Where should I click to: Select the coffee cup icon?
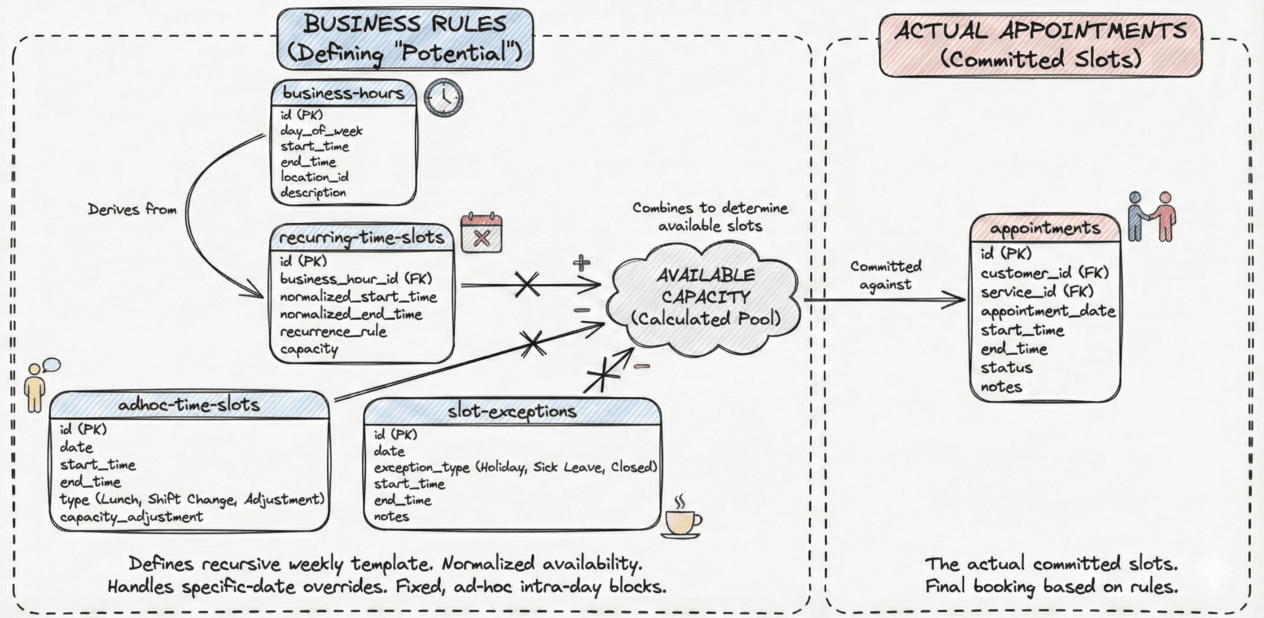pos(681,521)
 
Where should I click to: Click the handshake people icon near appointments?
pos(1152,216)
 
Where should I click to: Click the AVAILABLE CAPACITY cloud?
pos(705,297)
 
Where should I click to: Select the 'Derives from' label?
pos(132,210)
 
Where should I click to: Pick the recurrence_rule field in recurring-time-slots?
pos(333,332)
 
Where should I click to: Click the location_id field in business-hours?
pos(314,177)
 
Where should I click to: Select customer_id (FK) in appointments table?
pos(1044,273)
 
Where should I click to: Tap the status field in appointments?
pos(1006,368)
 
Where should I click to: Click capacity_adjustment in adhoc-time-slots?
pos(132,517)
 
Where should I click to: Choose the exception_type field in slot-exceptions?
pos(515,467)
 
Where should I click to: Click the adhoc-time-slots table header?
pos(189,405)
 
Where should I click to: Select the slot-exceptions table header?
pos(512,411)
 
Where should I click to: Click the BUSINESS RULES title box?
pos(405,39)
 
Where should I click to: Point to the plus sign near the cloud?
pos(581,263)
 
